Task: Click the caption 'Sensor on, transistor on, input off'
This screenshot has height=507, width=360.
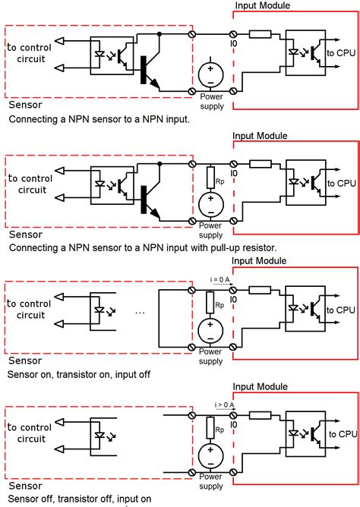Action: tap(84, 374)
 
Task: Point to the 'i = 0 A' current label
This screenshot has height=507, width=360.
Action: tap(218, 279)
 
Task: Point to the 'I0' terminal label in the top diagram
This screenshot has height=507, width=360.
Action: tap(233, 45)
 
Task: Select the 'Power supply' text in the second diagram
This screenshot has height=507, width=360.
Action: tap(210, 230)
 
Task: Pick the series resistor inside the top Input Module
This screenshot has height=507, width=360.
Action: tap(260, 34)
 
